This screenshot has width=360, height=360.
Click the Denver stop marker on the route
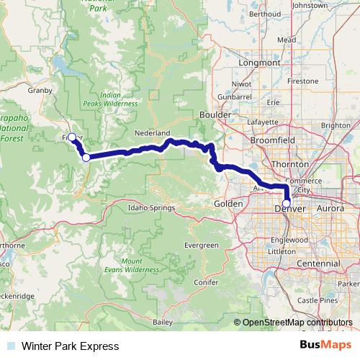coord(287,204)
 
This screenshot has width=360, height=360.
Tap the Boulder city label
coord(215,115)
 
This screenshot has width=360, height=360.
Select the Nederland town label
coord(152,134)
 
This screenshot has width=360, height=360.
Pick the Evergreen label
coord(201,246)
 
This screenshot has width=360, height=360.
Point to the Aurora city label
coord(330,208)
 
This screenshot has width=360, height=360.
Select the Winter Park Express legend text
coord(70,346)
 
